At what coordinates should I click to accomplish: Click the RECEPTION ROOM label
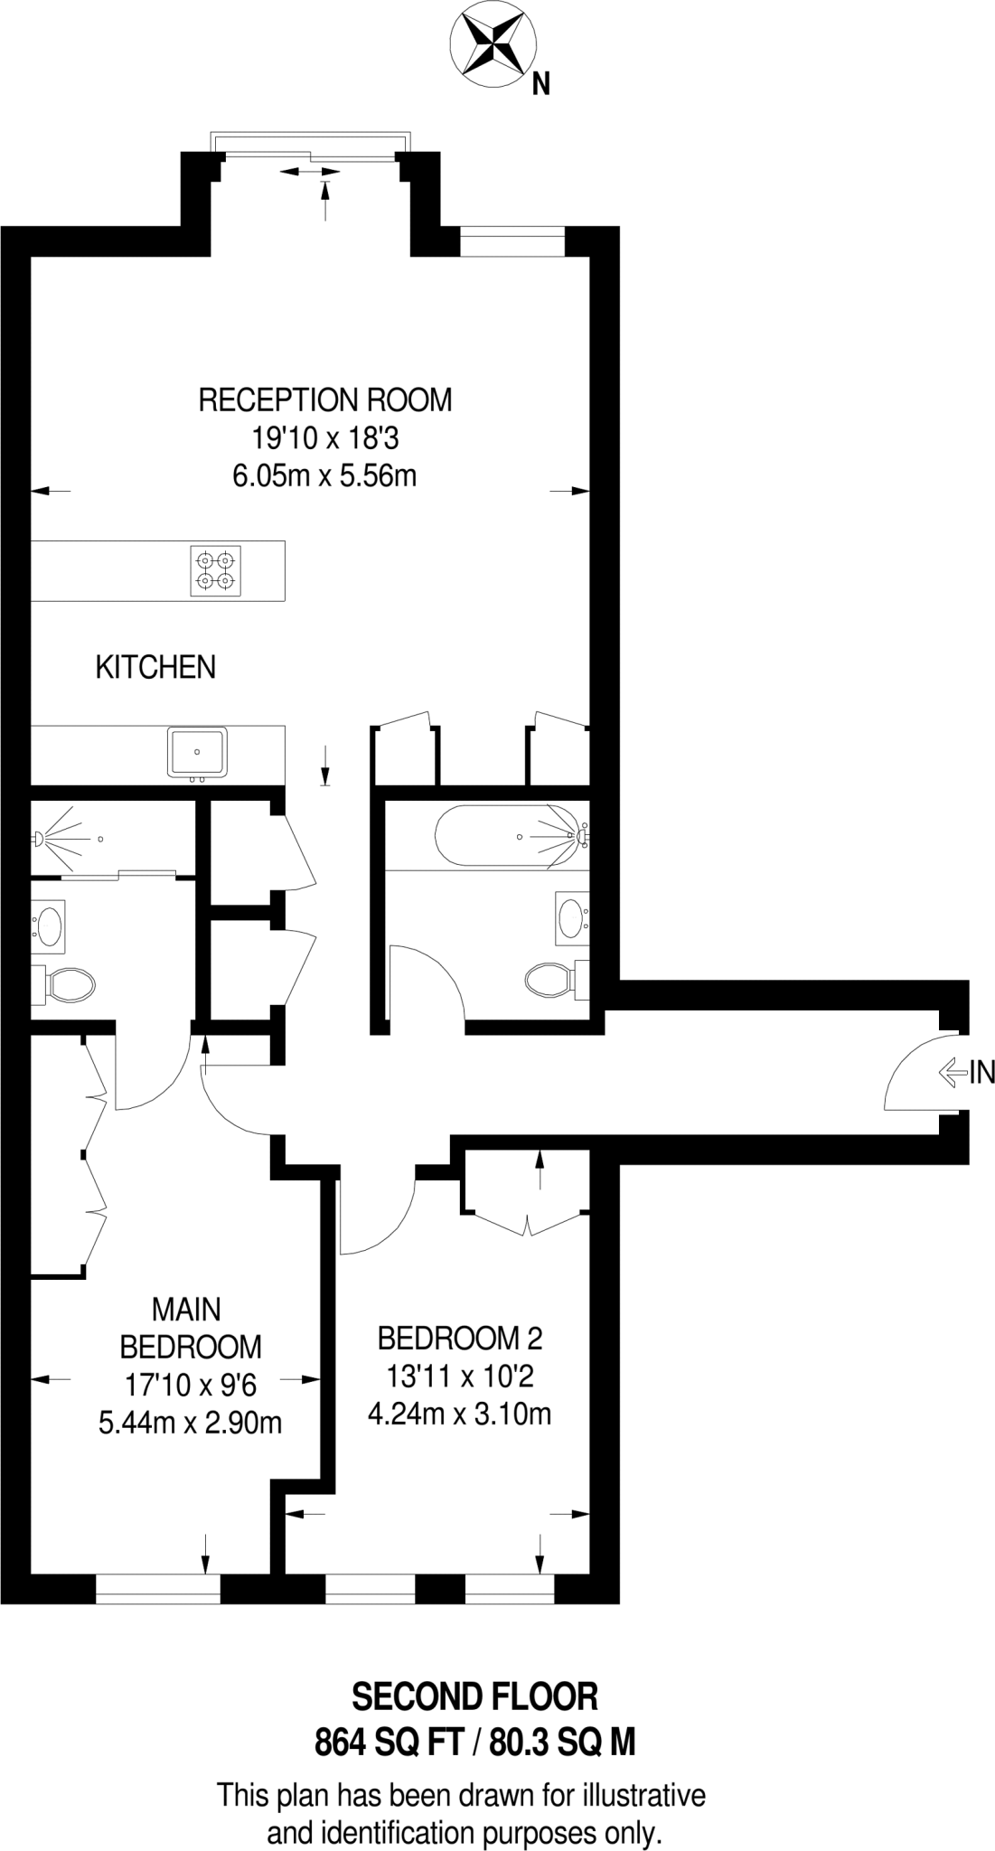[324, 399]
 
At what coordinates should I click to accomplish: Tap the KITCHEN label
[155, 668]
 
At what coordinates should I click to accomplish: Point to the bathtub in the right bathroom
[511, 836]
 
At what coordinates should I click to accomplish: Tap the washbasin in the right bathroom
[571, 918]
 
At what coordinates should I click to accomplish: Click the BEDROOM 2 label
[460, 1337]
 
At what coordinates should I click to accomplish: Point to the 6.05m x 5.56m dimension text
[324, 475]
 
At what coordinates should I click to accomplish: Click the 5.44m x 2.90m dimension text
[190, 1423]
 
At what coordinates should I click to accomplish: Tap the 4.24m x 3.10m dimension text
[460, 1413]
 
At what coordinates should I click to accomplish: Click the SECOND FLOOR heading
[474, 1696]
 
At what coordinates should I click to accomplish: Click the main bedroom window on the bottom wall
[157, 1589]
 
